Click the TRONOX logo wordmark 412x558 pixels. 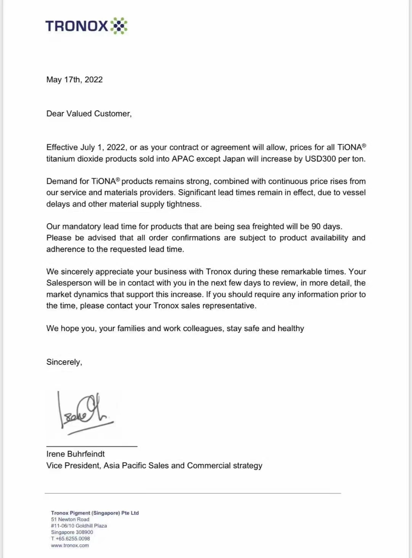(x=77, y=26)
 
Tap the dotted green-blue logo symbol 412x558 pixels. (x=119, y=26)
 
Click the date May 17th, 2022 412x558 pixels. (x=74, y=80)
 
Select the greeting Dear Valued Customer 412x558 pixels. (x=89, y=114)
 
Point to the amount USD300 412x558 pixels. (x=320, y=159)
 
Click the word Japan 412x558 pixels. (x=233, y=159)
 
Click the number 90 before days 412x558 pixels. (x=316, y=226)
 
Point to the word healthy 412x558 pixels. (x=291, y=329)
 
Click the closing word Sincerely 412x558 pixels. (x=64, y=362)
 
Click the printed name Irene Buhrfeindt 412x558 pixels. (x=76, y=454)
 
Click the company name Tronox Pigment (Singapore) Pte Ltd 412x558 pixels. (x=95, y=513)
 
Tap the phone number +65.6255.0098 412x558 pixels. (x=73, y=539)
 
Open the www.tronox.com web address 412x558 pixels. (x=70, y=545)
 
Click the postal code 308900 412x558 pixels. (x=84, y=532)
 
